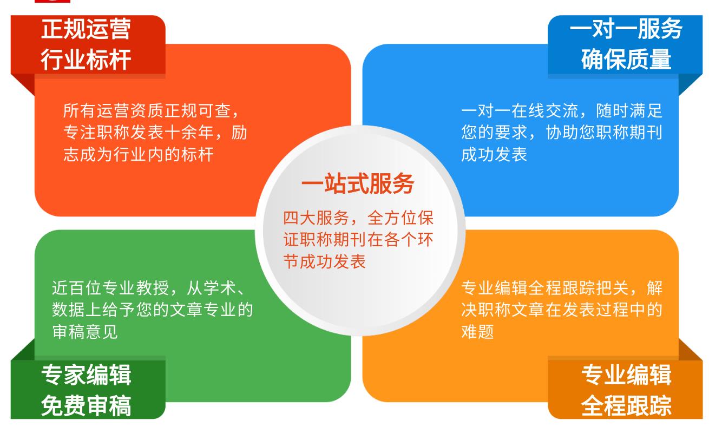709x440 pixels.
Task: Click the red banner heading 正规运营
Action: point(86,29)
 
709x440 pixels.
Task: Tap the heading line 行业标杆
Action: point(86,59)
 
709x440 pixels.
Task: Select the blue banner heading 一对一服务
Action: point(626,29)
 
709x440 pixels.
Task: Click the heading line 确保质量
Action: point(626,59)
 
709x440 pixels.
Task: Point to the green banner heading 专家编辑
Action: point(86,375)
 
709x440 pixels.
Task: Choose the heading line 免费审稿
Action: point(86,405)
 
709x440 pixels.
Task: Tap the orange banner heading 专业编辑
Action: point(626,375)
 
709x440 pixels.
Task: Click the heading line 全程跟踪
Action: point(626,405)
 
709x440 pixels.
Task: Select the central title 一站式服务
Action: point(358,183)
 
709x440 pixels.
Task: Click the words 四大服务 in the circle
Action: point(316,218)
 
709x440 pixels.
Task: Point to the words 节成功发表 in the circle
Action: point(324,261)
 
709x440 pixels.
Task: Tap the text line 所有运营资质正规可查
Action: point(147,111)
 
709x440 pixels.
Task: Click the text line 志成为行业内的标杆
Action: point(139,155)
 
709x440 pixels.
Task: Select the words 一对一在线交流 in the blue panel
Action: point(520,111)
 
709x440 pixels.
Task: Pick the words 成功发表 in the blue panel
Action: point(494,155)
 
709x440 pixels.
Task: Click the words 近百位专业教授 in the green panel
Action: point(110,288)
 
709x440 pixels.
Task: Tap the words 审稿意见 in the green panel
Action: point(85,332)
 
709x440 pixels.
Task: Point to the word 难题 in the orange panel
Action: point(477,332)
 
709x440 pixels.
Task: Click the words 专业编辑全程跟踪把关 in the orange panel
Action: point(544,288)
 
